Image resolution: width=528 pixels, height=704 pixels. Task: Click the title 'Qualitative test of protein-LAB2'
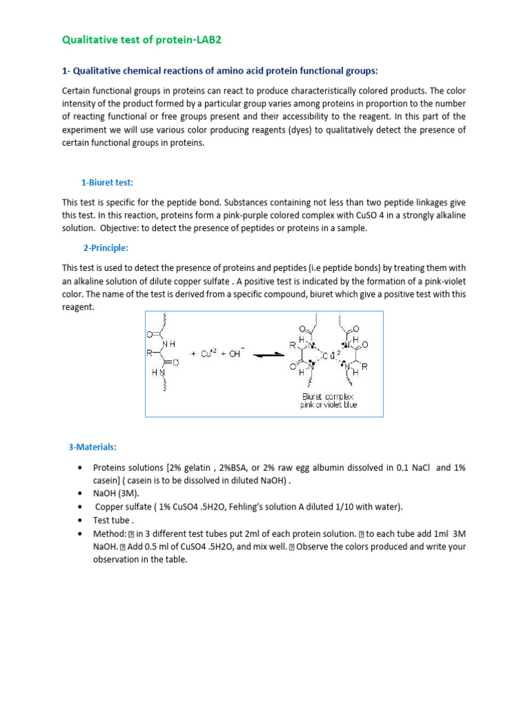(142, 40)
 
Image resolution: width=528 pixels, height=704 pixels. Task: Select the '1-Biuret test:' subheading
(107, 182)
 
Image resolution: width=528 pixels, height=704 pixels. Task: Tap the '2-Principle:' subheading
(106, 248)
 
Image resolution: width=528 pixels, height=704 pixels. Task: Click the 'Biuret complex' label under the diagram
(328, 397)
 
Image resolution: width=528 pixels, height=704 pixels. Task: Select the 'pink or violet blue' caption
(329, 405)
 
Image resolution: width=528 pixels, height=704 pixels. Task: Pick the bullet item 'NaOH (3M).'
(117, 493)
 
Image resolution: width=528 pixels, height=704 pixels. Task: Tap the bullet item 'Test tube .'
(114, 520)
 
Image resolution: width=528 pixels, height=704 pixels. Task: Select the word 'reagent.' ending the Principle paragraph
(78, 307)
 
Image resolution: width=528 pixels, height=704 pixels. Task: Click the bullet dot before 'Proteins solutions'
(81, 467)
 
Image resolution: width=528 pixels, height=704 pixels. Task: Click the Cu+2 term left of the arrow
(209, 353)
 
